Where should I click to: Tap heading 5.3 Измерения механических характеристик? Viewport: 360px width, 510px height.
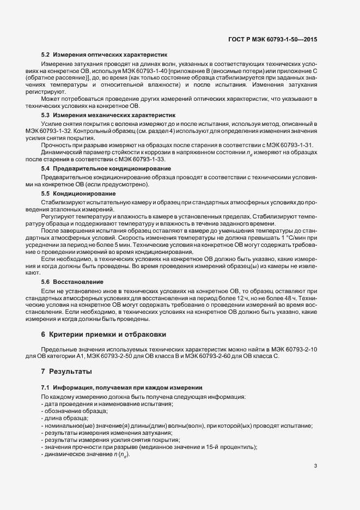tap(108, 116)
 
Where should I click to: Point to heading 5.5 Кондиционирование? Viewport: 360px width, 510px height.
tap(81, 193)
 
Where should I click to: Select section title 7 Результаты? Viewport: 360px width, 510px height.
tap(66, 371)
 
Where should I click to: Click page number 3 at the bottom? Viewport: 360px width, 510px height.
tap(316, 466)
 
